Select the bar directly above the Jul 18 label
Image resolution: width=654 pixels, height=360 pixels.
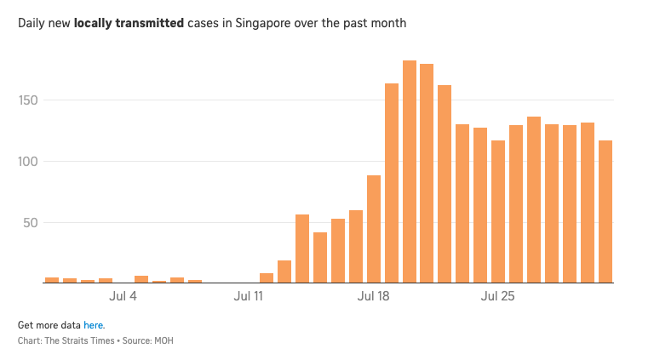pyautogui.click(x=374, y=229)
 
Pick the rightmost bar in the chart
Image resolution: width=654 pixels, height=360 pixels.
pyautogui.click(x=605, y=212)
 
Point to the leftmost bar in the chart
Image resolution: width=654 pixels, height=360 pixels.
pyautogui.click(x=52, y=280)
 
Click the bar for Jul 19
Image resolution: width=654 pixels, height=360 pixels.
pyautogui.click(x=392, y=183)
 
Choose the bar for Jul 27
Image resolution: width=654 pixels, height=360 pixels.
pyautogui.click(x=534, y=200)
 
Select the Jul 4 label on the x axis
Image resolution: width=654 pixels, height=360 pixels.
pyautogui.click(x=123, y=297)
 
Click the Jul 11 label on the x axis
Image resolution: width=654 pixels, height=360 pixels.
pyautogui.click(x=249, y=297)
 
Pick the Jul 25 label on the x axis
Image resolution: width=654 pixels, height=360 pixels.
pyautogui.click(x=498, y=297)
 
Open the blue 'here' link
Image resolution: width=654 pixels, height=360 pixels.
pyautogui.click(x=94, y=325)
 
